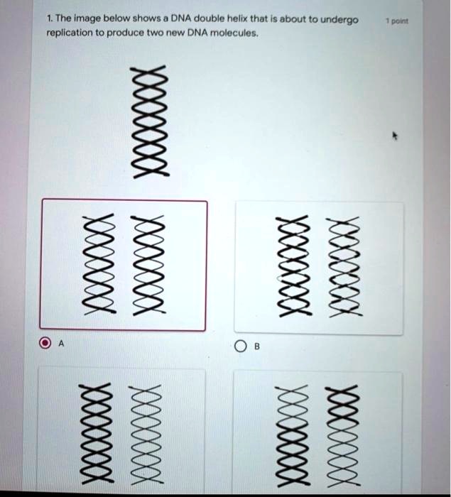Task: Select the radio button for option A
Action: [45, 346]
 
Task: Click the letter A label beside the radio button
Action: [61, 346]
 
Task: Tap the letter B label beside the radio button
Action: [257, 347]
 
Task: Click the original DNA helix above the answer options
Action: [149, 121]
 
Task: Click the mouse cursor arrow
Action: [397, 134]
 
